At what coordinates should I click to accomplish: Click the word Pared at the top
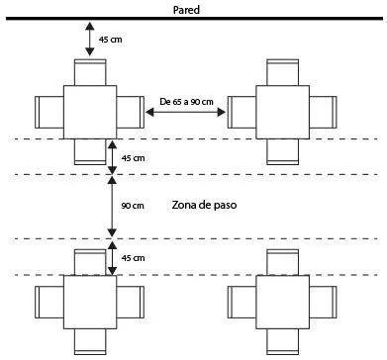(x=186, y=10)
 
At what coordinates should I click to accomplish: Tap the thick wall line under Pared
(x=194, y=19)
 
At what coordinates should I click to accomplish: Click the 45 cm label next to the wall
(x=111, y=40)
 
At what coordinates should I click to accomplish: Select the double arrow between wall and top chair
(x=90, y=39)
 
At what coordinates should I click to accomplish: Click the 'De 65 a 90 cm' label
(x=186, y=102)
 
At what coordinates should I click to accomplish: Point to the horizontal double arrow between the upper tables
(x=185, y=113)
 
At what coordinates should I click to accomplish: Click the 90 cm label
(x=133, y=206)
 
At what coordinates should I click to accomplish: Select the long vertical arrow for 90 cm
(x=112, y=207)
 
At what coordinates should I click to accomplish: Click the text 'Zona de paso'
(x=204, y=205)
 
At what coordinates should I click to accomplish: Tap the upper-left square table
(x=90, y=112)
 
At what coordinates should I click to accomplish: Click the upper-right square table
(x=283, y=112)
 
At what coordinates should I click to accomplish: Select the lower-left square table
(x=90, y=302)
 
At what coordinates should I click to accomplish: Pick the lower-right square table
(x=283, y=302)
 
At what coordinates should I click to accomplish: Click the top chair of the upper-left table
(x=90, y=72)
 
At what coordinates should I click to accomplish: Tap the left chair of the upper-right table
(x=242, y=112)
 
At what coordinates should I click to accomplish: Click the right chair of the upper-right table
(x=324, y=112)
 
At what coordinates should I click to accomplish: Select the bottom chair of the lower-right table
(x=283, y=341)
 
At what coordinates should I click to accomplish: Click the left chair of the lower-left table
(x=49, y=302)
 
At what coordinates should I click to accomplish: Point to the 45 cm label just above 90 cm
(x=133, y=158)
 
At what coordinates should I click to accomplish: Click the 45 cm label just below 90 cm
(x=133, y=258)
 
